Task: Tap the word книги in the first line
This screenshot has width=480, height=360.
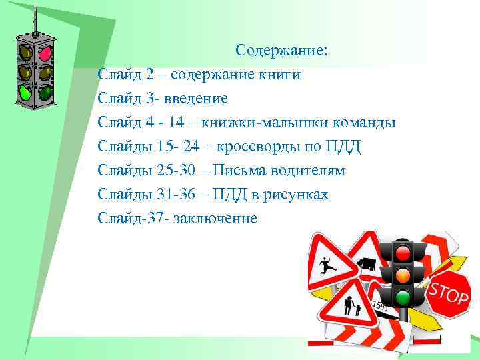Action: pos(281,75)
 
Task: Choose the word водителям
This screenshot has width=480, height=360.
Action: pos(307,171)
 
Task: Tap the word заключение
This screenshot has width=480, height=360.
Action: pos(215,219)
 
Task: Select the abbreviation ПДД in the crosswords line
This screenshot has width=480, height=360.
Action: pos(343,147)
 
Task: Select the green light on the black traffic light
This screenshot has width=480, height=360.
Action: pos(402,297)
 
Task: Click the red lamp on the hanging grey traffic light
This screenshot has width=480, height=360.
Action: pos(46,52)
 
